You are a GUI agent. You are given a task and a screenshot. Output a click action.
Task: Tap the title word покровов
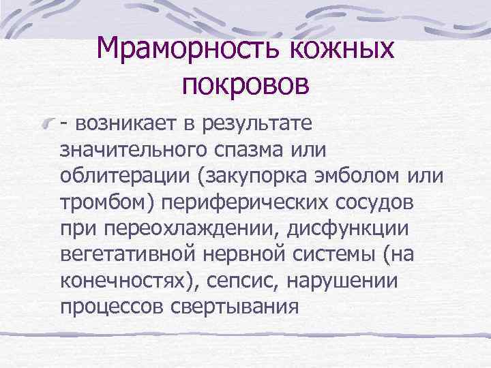pyautogui.click(x=245, y=85)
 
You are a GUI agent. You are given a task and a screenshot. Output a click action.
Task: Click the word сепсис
pyautogui.click(x=225, y=281)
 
